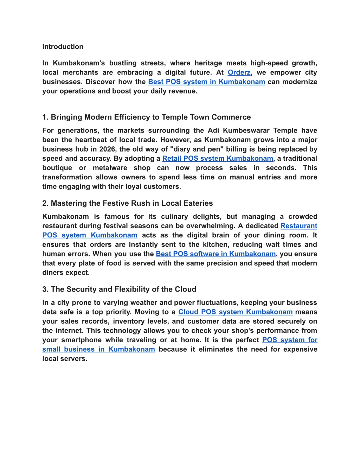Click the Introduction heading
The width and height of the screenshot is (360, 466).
click(x=63, y=47)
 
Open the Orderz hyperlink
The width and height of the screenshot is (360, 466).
click(x=239, y=72)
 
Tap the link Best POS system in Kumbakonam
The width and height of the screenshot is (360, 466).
click(x=206, y=82)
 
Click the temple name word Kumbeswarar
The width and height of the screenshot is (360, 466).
click(x=246, y=130)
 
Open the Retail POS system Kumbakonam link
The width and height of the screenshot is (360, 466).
click(x=218, y=159)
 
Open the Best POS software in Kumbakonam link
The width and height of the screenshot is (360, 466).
click(x=216, y=254)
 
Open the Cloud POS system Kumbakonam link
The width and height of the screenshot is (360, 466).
click(x=235, y=312)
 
